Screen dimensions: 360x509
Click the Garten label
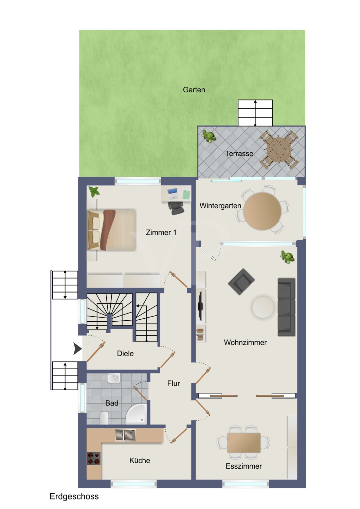pos(194,90)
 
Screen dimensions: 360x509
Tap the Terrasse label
pos(239,154)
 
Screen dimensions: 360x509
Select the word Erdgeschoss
pos(74,496)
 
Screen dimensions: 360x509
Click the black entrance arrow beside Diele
pos(77,348)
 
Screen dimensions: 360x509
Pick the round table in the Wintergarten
pos(262,211)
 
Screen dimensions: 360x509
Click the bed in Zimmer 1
pos(112,230)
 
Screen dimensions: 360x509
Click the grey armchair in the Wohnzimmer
pos(241,282)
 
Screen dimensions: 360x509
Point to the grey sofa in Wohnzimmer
pos(286,307)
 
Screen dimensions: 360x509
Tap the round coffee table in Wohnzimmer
pos(263,307)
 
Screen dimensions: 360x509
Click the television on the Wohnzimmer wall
pos(200,305)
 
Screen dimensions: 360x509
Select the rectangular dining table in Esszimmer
pos(244,442)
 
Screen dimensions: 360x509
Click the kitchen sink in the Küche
pos(125,435)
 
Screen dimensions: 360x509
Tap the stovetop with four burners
pos(94,458)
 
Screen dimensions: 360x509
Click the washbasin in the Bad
pos(113,379)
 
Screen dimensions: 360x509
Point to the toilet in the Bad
pos(104,417)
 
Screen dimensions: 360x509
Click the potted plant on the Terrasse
pos(209,136)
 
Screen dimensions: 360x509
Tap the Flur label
pos(174,383)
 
